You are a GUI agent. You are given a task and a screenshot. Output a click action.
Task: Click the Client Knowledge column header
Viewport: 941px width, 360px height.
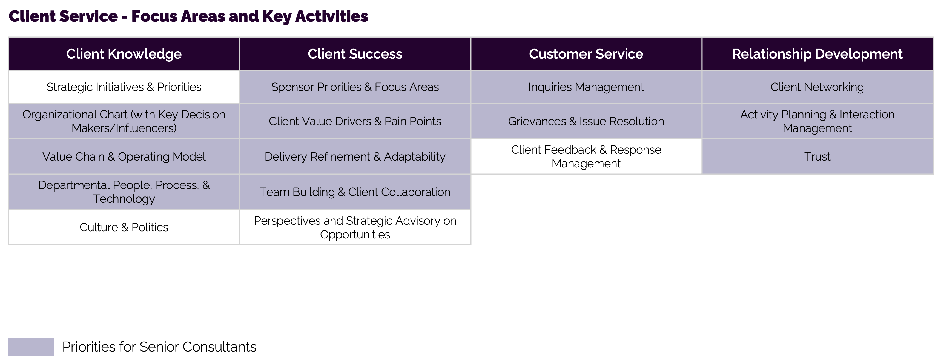(x=124, y=54)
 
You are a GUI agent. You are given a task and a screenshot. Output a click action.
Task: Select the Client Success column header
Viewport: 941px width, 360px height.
(x=355, y=54)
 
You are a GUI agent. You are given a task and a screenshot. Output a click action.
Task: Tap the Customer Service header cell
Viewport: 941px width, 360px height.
(x=586, y=54)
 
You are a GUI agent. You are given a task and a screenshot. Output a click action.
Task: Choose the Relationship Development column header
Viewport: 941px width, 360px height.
(x=817, y=54)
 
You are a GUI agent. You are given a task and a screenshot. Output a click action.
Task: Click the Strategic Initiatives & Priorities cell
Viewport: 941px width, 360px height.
(x=124, y=87)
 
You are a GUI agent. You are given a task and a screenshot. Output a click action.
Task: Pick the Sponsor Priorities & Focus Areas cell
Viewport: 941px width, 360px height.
(x=355, y=87)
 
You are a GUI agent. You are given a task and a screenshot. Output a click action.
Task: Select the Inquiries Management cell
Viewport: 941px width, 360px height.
(x=586, y=87)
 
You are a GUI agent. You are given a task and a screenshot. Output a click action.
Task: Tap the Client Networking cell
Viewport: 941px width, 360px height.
(x=817, y=87)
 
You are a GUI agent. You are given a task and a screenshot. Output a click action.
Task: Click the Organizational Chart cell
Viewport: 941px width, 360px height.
(x=124, y=121)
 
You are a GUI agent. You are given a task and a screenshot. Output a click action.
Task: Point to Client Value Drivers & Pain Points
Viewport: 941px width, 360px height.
(x=355, y=121)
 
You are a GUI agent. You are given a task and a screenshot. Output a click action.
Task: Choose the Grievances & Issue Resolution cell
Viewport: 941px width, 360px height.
(x=586, y=121)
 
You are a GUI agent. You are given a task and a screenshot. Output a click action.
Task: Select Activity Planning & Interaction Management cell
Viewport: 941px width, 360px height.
(x=817, y=121)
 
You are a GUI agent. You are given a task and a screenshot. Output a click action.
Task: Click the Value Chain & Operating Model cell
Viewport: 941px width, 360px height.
(x=124, y=156)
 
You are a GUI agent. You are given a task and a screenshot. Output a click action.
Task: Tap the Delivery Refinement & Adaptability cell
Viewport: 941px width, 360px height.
(x=355, y=156)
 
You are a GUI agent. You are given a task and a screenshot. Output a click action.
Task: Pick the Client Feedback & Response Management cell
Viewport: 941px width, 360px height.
(x=586, y=156)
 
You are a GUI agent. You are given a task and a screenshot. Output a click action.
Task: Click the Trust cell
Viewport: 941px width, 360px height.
(x=817, y=156)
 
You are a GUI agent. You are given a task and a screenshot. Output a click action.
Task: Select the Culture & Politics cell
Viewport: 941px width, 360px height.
(x=124, y=227)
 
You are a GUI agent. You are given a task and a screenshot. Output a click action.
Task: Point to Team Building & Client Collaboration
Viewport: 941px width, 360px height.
(x=355, y=192)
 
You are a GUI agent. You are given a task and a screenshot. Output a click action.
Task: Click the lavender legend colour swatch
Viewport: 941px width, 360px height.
(x=31, y=347)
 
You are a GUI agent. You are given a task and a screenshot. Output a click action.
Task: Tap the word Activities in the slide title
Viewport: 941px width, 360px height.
(x=331, y=16)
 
